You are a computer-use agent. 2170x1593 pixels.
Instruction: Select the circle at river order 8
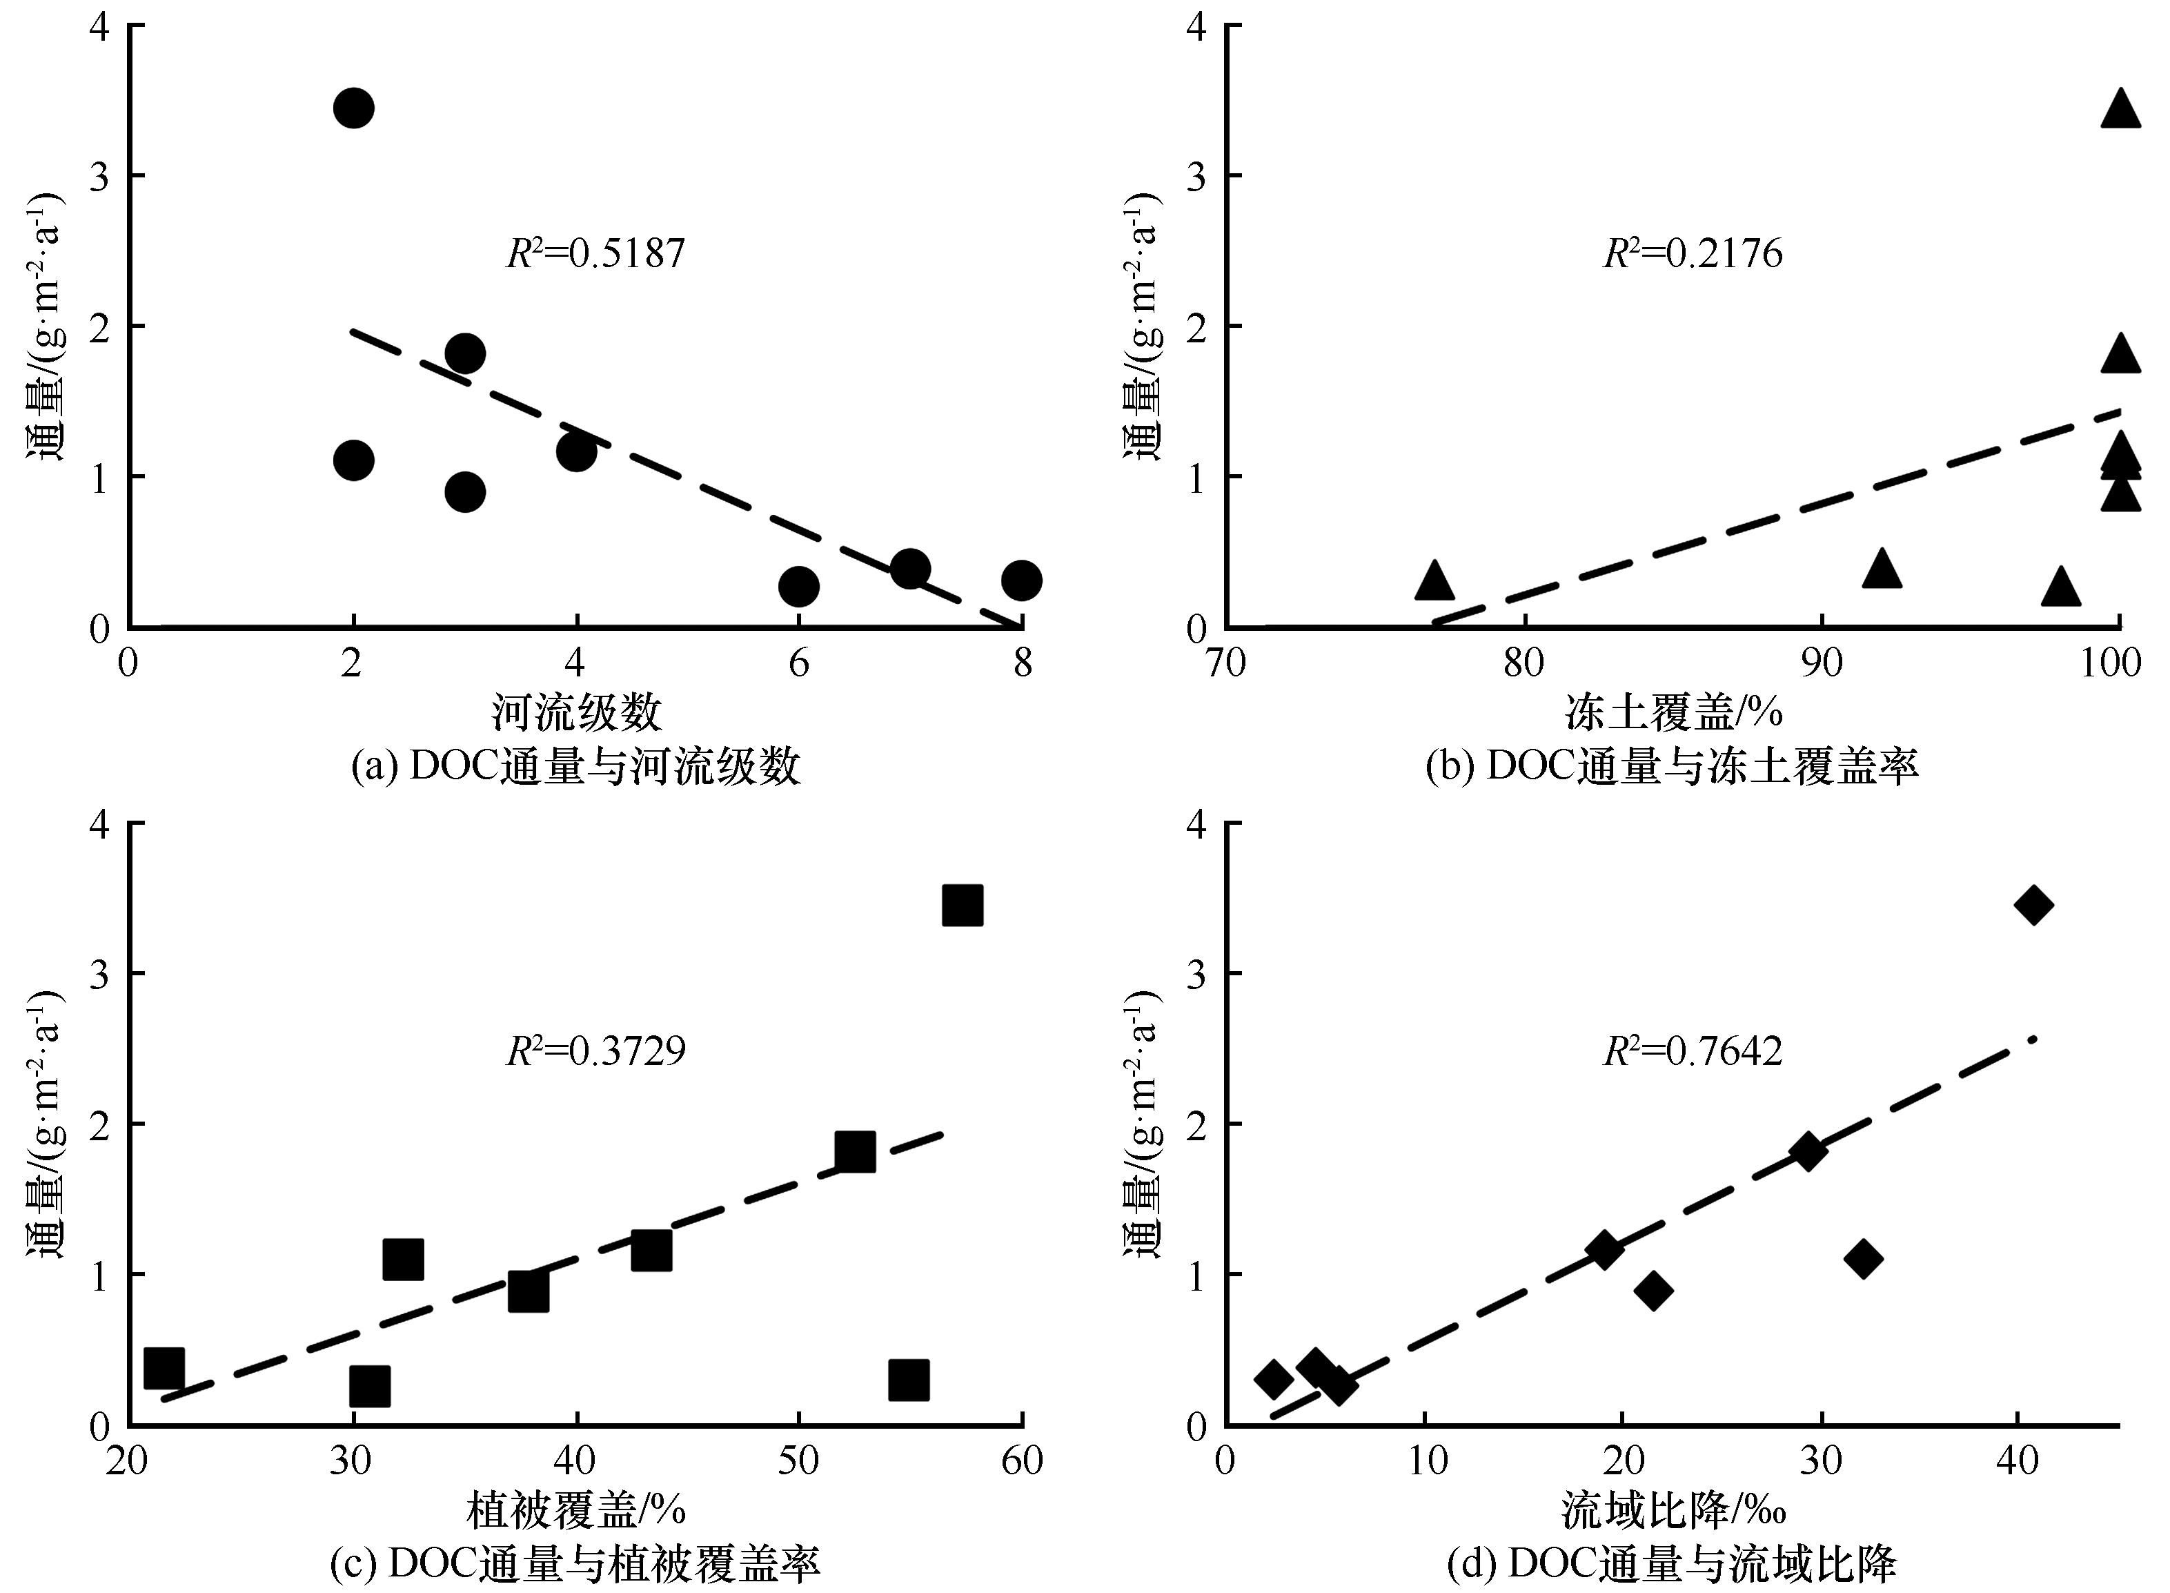point(1021,580)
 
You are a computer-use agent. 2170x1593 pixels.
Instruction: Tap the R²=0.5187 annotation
point(595,253)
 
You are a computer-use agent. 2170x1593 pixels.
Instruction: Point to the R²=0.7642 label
point(1693,1051)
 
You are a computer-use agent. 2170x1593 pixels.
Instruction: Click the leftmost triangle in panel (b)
point(1434,580)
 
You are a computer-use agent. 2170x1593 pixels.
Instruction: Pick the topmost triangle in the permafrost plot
point(2120,136)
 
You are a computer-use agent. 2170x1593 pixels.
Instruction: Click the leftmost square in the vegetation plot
point(164,1367)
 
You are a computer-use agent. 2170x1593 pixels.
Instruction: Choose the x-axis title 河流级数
point(576,712)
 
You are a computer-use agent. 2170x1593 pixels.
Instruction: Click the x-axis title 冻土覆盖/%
point(1673,712)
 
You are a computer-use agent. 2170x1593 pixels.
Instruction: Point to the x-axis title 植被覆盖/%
point(576,1510)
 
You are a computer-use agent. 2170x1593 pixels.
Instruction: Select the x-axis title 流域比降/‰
point(1673,1510)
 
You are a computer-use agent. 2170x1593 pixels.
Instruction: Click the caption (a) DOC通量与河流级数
point(576,767)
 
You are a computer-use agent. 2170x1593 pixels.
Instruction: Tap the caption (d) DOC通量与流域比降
point(1673,1564)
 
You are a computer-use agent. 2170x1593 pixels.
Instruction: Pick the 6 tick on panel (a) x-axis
point(798,663)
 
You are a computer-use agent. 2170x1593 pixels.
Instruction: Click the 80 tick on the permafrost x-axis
point(1524,663)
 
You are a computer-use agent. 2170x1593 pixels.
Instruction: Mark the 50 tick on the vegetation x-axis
point(799,1461)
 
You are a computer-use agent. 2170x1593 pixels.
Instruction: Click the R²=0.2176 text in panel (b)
point(1693,253)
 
